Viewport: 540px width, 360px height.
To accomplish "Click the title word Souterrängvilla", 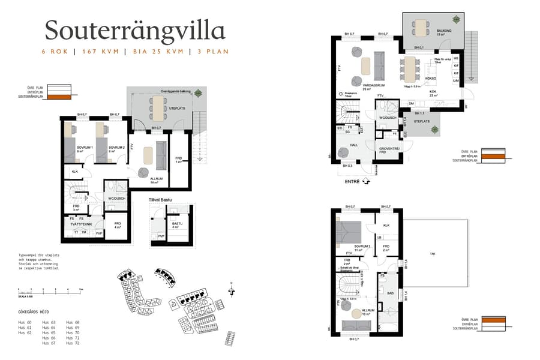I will (135, 30).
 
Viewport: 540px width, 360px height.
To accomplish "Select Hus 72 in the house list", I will (73, 343).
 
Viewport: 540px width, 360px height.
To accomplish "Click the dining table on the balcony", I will (421, 26).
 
